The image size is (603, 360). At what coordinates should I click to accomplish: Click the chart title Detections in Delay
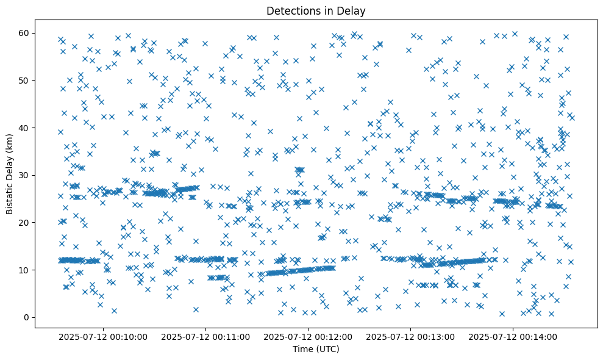pos(316,11)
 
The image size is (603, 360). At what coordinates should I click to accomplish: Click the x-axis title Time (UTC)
pos(316,349)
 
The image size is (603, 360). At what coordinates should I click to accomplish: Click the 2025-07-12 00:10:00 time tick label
pos(103,336)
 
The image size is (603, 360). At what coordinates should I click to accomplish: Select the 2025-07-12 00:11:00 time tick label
pos(205,336)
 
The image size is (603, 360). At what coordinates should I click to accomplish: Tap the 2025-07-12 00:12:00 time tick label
pos(308,336)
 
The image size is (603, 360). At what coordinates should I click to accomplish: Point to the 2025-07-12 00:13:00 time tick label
pos(410,336)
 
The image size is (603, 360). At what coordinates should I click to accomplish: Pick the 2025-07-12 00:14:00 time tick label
pos(513,336)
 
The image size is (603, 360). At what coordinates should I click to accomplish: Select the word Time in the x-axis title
pos(302,349)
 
